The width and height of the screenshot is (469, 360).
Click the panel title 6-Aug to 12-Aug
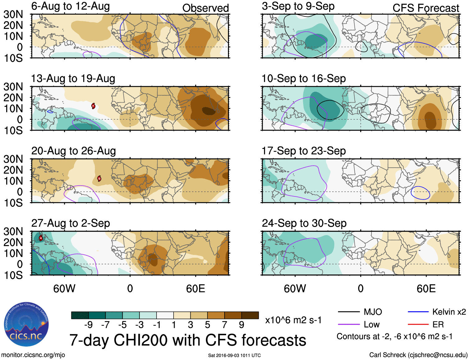pyautogui.click(x=71, y=6)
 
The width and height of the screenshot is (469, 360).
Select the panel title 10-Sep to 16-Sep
pyautogui.click(x=303, y=78)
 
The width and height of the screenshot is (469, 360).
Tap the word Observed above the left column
pyautogui.click(x=205, y=8)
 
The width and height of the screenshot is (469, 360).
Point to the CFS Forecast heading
pyautogui.click(x=426, y=8)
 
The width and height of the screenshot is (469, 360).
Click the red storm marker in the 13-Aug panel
pyautogui.click(x=93, y=106)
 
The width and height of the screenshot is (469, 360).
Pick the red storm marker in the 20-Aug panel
pyautogui.click(x=99, y=178)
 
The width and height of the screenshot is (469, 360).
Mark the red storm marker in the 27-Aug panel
pyautogui.click(x=41, y=238)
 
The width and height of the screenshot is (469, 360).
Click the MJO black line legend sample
pyautogui.click(x=348, y=312)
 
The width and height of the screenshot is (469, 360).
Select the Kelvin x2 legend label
pyautogui.click(x=449, y=312)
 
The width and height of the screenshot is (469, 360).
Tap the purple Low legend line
pyautogui.click(x=348, y=325)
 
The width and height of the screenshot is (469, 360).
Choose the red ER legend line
pyautogui.click(x=418, y=325)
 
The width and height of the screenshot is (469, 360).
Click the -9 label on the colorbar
pyautogui.click(x=88, y=325)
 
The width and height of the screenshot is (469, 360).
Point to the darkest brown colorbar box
pyautogui.click(x=250, y=315)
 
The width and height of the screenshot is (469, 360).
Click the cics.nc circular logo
pyautogui.click(x=26, y=324)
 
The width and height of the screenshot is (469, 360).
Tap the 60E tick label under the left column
pyautogui.click(x=195, y=288)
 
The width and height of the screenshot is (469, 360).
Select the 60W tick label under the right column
pyautogui.click(x=295, y=288)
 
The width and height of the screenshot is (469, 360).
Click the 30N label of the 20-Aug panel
pyautogui.click(x=13, y=159)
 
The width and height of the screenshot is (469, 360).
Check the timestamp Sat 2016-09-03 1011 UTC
pyautogui.click(x=234, y=355)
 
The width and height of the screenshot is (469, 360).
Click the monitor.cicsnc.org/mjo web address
pyautogui.click(x=33, y=355)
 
